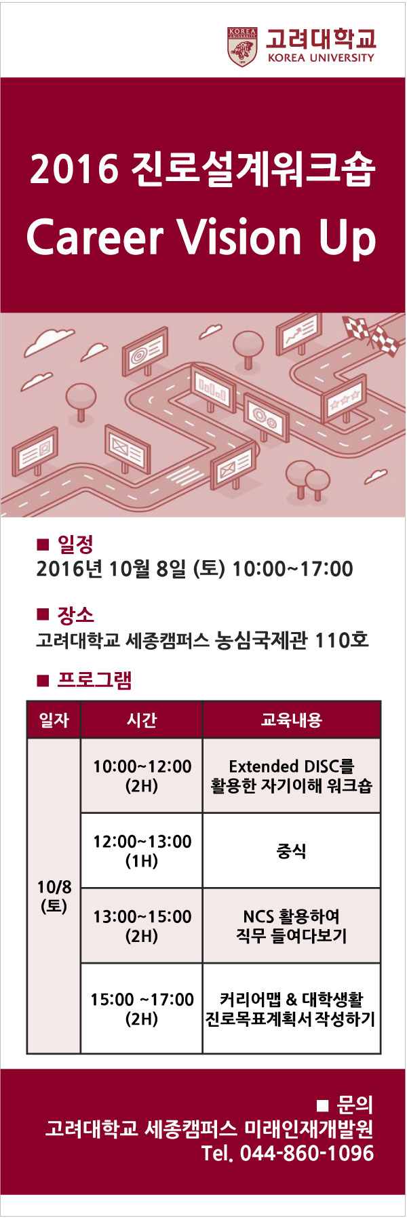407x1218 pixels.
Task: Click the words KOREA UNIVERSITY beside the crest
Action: tap(321, 58)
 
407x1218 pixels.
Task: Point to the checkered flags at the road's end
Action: tap(370, 334)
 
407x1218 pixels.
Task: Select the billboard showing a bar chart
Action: tap(213, 389)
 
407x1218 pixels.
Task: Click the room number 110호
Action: tap(342, 639)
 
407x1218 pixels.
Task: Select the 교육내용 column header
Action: tap(291, 720)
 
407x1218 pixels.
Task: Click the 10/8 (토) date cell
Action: tap(54, 896)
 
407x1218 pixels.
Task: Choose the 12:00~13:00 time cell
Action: tap(142, 851)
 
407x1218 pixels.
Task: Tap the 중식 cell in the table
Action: tap(292, 851)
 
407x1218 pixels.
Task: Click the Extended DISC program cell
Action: tap(292, 776)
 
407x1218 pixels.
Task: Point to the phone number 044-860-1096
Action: tap(307, 1153)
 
